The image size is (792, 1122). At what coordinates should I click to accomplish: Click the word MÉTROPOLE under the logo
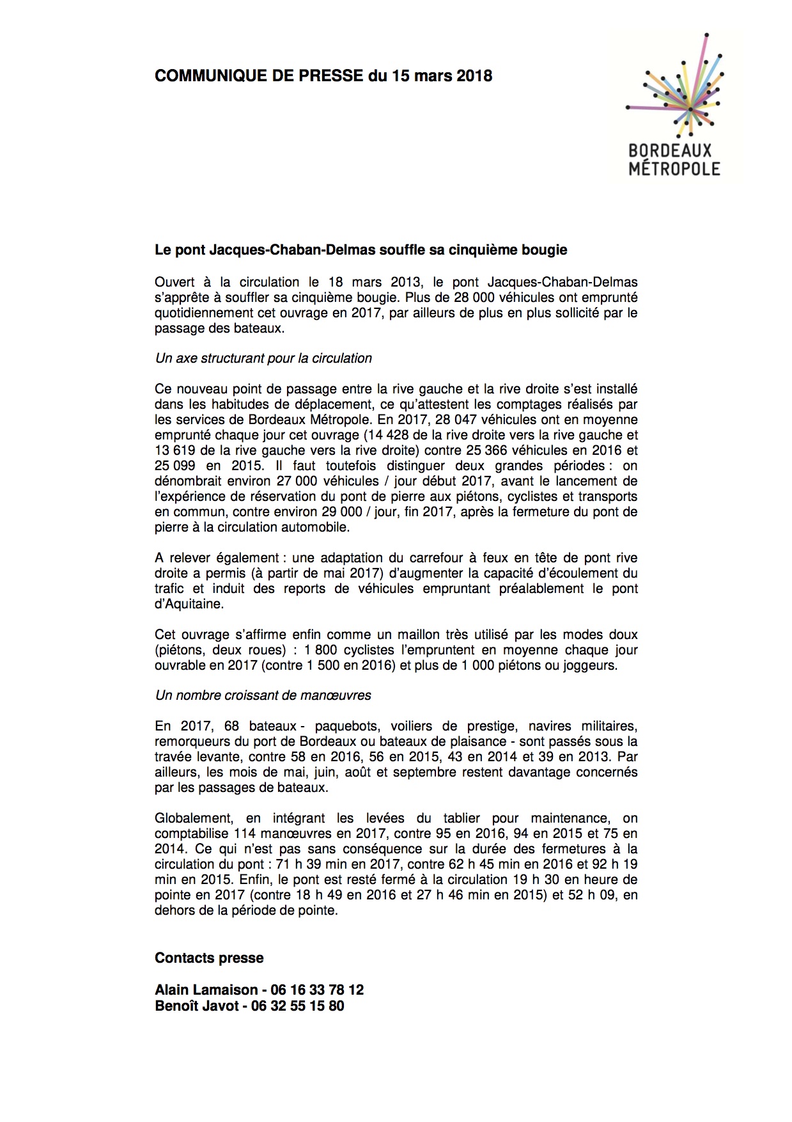pos(674,170)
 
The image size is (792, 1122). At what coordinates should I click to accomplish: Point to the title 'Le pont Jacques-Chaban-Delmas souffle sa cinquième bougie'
pos(361,250)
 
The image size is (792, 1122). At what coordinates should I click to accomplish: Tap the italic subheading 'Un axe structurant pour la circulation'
pos(263,358)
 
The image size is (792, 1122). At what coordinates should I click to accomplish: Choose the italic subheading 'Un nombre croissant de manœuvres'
pos(263,695)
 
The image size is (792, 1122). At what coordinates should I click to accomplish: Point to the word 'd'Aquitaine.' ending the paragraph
pos(189,604)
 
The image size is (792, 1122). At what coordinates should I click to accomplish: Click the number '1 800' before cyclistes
pos(320,650)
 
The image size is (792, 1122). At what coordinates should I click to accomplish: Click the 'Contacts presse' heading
pos(209,958)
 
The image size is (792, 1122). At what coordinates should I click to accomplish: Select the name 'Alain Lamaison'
pos(205,990)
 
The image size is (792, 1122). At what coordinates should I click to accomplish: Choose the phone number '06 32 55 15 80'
pos(297,1006)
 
